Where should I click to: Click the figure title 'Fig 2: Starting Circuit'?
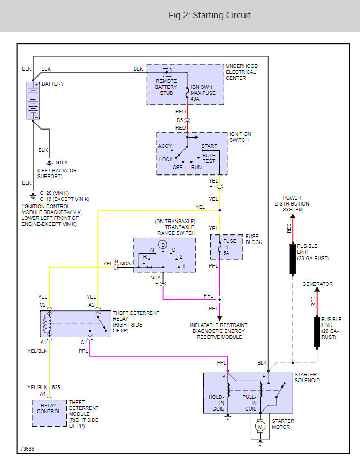pyautogui.click(x=209, y=15)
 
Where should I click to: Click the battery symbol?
pyautogui.click(x=33, y=100)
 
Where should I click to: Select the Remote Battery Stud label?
pyautogui.click(x=166, y=87)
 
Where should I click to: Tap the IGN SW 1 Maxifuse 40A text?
pyautogui.click(x=203, y=93)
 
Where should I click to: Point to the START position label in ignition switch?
pyautogui.click(x=209, y=146)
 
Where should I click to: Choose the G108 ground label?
pyautogui.click(x=62, y=162)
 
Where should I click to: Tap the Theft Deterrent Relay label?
pyautogui.click(x=129, y=322)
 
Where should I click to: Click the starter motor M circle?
pyautogui.click(x=261, y=426)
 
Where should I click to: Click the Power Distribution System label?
pyautogui.click(x=292, y=203)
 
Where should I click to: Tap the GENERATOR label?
pyautogui.click(x=317, y=284)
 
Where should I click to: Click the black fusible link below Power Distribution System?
pyautogui.click(x=293, y=259)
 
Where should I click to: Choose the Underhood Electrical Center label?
pyautogui.click(x=241, y=72)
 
